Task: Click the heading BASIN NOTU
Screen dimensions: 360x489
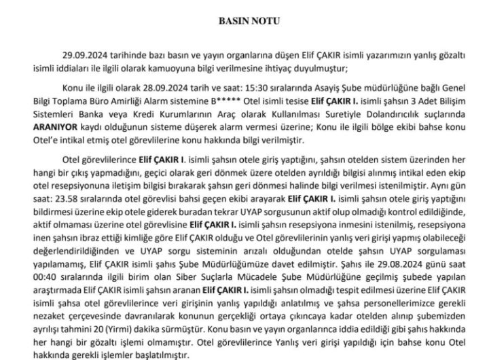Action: coord(244,21)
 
